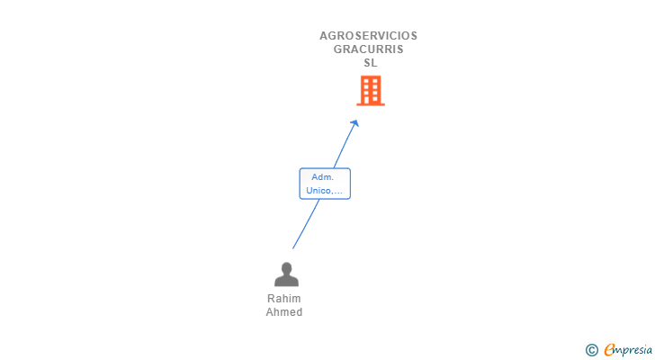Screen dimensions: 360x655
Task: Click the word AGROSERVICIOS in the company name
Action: click(x=368, y=36)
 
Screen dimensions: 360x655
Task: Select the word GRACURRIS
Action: click(x=368, y=49)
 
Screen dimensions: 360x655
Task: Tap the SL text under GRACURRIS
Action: click(x=371, y=63)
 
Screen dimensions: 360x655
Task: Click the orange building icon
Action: click(x=371, y=91)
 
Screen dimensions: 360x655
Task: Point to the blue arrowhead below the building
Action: click(x=355, y=122)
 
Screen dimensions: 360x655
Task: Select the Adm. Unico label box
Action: click(x=325, y=184)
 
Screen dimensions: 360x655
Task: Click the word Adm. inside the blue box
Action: click(x=323, y=177)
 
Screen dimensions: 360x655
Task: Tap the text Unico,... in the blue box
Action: click(x=325, y=191)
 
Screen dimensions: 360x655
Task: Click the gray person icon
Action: click(x=286, y=274)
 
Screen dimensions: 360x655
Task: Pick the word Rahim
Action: click(x=284, y=299)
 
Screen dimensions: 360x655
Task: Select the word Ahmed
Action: click(x=284, y=312)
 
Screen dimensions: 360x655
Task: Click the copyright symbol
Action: click(x=592, y=349)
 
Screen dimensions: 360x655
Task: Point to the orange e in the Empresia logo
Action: click(x=609, y=350)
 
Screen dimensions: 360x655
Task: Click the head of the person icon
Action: click(x=286, y=268)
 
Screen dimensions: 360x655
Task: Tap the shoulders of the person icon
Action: click(x=286, y=281)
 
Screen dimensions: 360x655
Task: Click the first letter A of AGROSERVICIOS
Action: click(x=324, y=36)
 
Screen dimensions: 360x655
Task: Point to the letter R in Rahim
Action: click(x=271, y=299)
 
